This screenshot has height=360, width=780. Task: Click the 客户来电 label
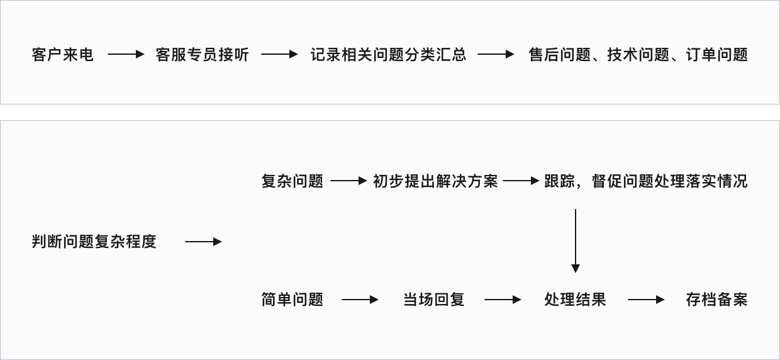(x=62, y=55)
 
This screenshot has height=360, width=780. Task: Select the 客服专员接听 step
(x=202, y=55)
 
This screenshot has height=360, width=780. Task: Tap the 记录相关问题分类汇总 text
(x=388, y=55)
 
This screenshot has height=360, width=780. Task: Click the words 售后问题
(x=560, y=55)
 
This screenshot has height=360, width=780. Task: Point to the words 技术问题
(x=638, y=55)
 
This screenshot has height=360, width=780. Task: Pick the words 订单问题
(x=716, y=55)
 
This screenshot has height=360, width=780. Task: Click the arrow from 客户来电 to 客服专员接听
(x=126, y=55)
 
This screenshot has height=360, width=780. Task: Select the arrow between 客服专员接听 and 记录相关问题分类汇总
(x=279, y=55)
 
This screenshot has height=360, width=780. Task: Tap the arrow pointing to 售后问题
(x=496, y=55)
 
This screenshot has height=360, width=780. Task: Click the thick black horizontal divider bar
(x=390, y=112)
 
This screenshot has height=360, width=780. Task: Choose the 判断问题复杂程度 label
(x=94, y=242)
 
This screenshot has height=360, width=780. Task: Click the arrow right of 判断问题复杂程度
(x=203, y=242)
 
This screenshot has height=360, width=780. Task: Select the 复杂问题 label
(x=292, y=181)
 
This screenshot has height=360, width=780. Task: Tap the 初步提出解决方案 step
(x=435, y=181)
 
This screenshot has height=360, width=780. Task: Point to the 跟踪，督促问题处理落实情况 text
(x=646, y=181)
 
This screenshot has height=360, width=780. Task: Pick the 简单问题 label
(x=292, y=300)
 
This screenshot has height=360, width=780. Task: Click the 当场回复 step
(x=433, y=300)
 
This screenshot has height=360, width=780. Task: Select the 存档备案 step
(x=716, y=300)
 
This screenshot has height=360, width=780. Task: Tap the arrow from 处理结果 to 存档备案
(x=646, y=300)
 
